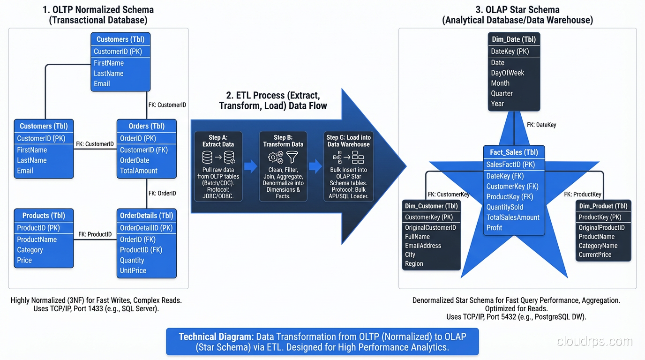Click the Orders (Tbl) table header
click(x=146, y=126)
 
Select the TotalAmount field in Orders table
click(x=139, y=171)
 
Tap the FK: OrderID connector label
click(x=162, y=193)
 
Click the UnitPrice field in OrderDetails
click(x=133, y=270)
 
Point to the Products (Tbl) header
click(x=44, y=216)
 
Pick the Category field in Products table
click(x=30, y=250)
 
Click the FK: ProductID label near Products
click(x=95, y=234)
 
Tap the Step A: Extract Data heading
click(x=218, y=141)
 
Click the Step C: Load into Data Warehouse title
click(x=348, y=141)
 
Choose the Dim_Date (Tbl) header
click(x=514, y=39)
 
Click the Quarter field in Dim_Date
click(x=502, y=93)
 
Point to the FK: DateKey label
click(x=541, y=125)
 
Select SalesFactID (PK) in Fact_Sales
click(x=510, y=165)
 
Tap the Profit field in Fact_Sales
click(x=494, y=228)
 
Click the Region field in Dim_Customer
click(x=414, y=264)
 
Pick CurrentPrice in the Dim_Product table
click(x=595, y=255)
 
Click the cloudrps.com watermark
click(x=594, y=341)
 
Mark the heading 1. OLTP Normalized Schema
click(x=98, y=9)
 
